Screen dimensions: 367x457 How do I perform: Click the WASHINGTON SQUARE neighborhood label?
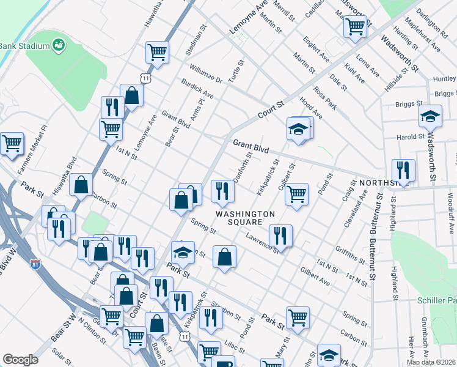(244, 217)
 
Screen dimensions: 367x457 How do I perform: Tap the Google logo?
(20, 360)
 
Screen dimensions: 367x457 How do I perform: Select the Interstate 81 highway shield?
(35, 264)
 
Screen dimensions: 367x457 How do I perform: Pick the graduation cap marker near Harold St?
(430, 116)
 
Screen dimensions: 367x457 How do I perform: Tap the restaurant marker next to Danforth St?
(222, 191)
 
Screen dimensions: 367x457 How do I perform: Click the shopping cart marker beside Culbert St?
(296, 195)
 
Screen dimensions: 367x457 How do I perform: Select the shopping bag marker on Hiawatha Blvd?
(81, 185)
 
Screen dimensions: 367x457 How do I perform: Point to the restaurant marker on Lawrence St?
(280, 235)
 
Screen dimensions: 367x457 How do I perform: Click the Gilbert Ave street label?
(315, 276)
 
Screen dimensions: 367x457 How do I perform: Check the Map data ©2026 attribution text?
(431, 362)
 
